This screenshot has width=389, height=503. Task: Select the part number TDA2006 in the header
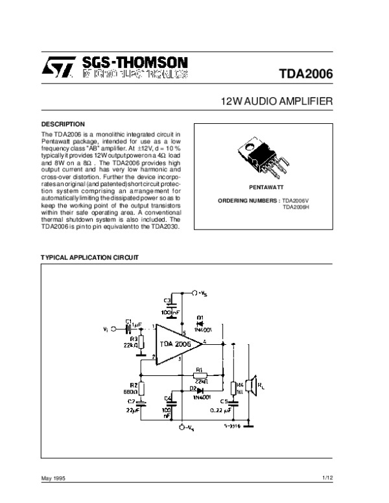(306, 73)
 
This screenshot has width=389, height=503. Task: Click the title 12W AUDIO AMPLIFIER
(277, 102)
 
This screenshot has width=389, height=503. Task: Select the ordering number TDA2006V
(297, 200)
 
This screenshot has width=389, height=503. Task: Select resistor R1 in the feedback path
(200, 375)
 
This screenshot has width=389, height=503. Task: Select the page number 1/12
(327, 478)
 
